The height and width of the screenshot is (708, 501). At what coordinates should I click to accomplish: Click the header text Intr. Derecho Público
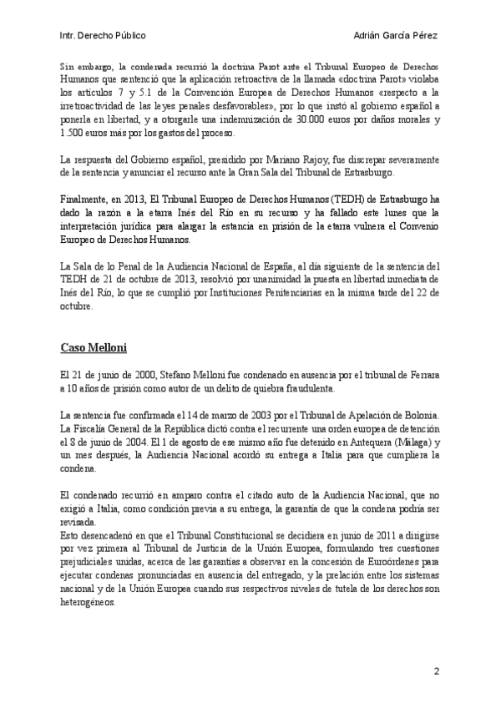click(104, 36)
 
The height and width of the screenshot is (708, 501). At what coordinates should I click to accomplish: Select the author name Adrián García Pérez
click(397, 36)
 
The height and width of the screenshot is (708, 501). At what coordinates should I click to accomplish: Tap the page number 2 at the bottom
click(436, 671)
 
